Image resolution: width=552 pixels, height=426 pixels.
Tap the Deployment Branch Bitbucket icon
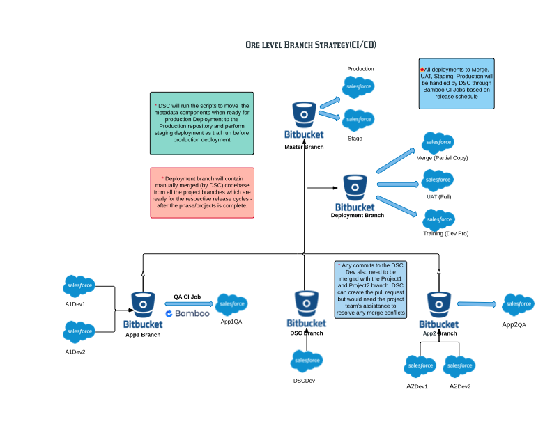coord(355,187)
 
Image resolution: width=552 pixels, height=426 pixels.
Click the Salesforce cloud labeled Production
coord(358,86)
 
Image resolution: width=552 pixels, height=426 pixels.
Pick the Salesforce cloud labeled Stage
coord(358,120)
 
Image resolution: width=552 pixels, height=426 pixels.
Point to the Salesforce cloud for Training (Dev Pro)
coord(438,219)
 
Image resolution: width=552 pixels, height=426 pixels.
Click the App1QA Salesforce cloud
coord(232,304)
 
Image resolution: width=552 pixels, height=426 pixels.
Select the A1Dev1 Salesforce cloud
coord(79,285)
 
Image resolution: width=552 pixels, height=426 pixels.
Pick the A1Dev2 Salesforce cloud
coord(79,331)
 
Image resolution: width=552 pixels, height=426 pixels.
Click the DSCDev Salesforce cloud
coord(307,361)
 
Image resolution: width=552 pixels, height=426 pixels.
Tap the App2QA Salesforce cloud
coord(519,304)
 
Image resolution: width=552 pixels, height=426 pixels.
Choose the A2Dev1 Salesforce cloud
coord(420,365)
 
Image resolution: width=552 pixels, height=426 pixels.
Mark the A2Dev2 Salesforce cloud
coord(459,365)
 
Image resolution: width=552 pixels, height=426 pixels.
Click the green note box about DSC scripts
coord(202,123)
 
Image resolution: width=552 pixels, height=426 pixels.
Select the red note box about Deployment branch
coord(202,192)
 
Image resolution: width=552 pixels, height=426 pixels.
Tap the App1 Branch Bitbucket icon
coord(144,304)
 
